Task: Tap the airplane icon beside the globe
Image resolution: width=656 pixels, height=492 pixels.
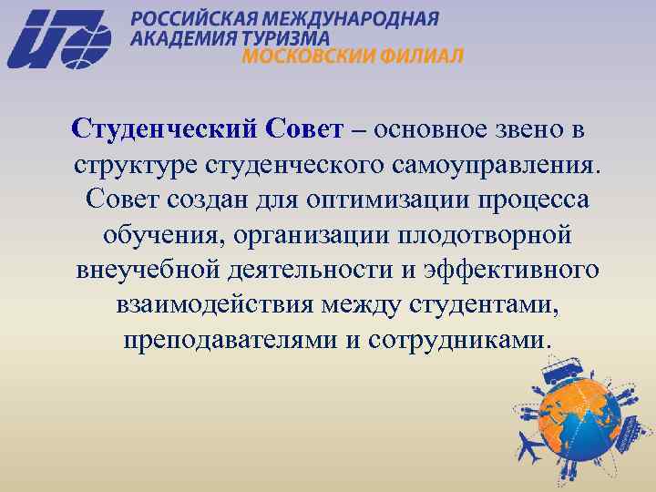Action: (528, 448)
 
